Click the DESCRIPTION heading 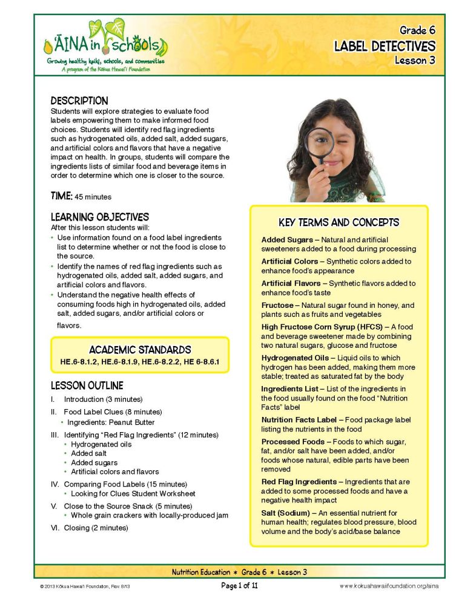79,101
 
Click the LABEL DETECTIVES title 385,46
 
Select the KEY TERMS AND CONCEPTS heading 338,222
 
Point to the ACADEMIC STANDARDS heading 140,350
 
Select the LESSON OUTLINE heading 87,385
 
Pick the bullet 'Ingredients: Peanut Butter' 111,422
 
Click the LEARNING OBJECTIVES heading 99,217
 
